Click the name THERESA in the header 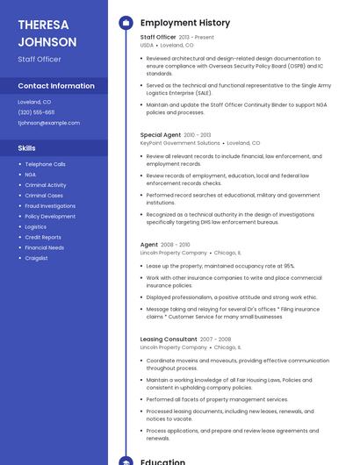[x=43, y=25]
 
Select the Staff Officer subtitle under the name [x=40, y=59]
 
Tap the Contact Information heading [x=56, y=86]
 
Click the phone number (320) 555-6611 [x=36, y=112]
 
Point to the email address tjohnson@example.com [x=49, y=123]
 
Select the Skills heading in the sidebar [x=27, y=148]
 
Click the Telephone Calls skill [x=45, y=164]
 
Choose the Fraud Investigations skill [x=50, y=206]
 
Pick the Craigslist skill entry [x=37, y=258]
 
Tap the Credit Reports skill [x=43, y=237]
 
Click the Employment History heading [x=185, y=23]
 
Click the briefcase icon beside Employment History [x=126, y=23]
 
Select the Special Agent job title [x=161, y=135]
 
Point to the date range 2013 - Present [x=196, y=38]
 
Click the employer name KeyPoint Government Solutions [x=180, y=143]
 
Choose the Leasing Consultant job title [x=169, y=340]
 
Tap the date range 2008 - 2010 [x=176, y=245]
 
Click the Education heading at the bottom [x=162, y=461]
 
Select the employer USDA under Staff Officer [x=147, y=45]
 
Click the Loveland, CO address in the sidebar [x=34, y=102]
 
